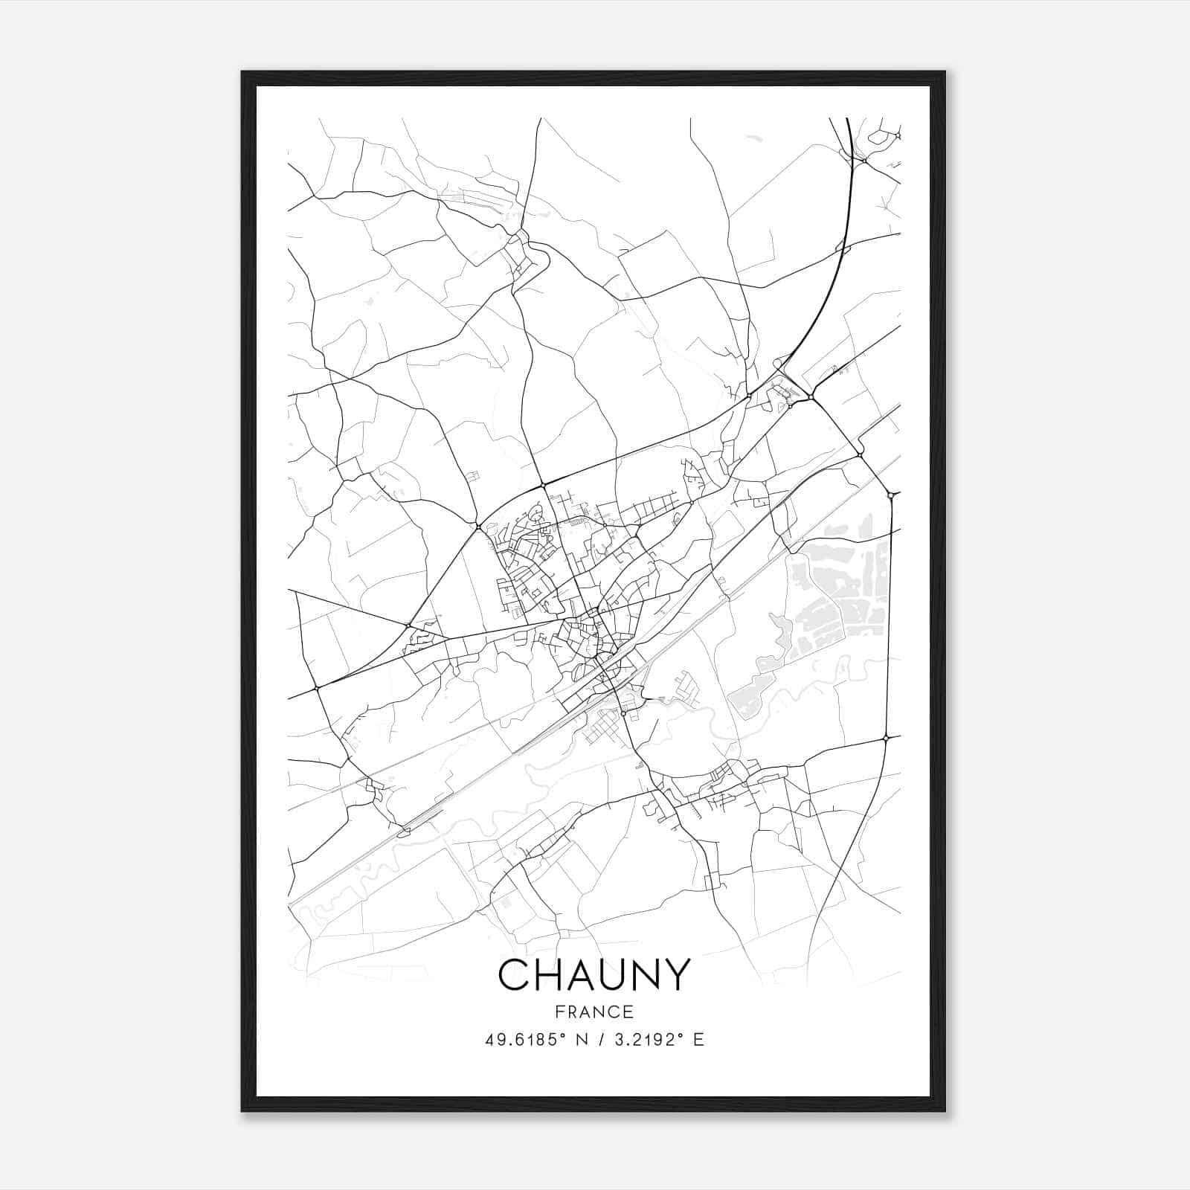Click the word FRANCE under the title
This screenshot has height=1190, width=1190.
tap(594, 1011)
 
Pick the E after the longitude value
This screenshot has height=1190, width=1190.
tap(698, 1040)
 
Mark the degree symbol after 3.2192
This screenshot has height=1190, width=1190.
tap(682, 1035)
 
